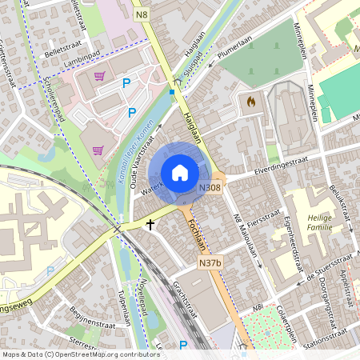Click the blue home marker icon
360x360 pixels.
(179, 172)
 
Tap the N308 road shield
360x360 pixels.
(210, 187)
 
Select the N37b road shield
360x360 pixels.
(210, 262)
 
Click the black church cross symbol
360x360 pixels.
(150, 226)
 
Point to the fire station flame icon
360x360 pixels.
(250, 102)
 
